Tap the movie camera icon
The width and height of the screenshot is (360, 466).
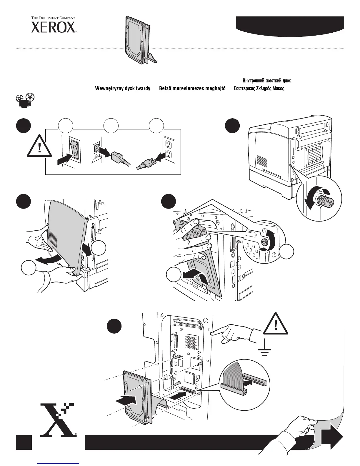(25, 100)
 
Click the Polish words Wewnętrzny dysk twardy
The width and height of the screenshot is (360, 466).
(122, 89)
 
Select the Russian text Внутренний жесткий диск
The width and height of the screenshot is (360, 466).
(267, 81)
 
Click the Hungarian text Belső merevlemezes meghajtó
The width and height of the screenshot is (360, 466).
(192, 89)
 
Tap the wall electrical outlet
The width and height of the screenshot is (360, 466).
(169, 149)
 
